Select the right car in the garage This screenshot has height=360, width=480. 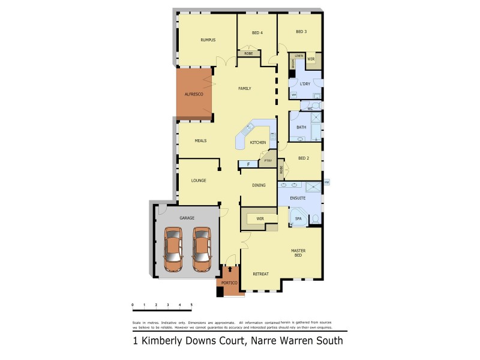coord(202,248)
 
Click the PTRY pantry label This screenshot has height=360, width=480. coord(267,160)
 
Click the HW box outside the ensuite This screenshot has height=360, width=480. coord(326,182)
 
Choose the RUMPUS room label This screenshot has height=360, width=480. coord(208,40)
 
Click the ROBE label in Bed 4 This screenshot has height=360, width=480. coord(248,54)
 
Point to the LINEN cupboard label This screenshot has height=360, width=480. coord(298,55)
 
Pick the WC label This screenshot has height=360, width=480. coord(310,109)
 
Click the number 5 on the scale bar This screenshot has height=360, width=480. coord(191,305)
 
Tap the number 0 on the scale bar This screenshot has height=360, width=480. coord(133,305)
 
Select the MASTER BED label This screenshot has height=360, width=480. coord(298,253)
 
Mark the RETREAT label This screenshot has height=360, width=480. coord(260,274)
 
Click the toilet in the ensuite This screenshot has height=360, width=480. coord(315,220)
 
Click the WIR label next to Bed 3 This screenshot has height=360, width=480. coord(311,59)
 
